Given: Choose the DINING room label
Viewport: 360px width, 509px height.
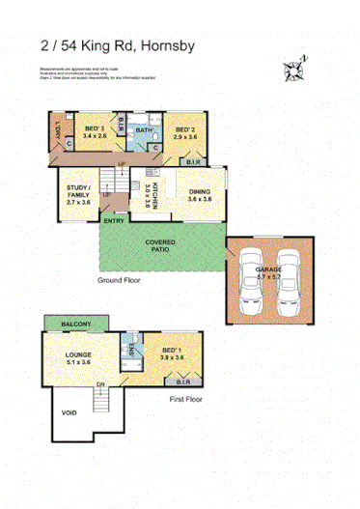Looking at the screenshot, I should coord(199,192).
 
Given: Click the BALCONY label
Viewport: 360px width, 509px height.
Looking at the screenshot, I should coord(75,323).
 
